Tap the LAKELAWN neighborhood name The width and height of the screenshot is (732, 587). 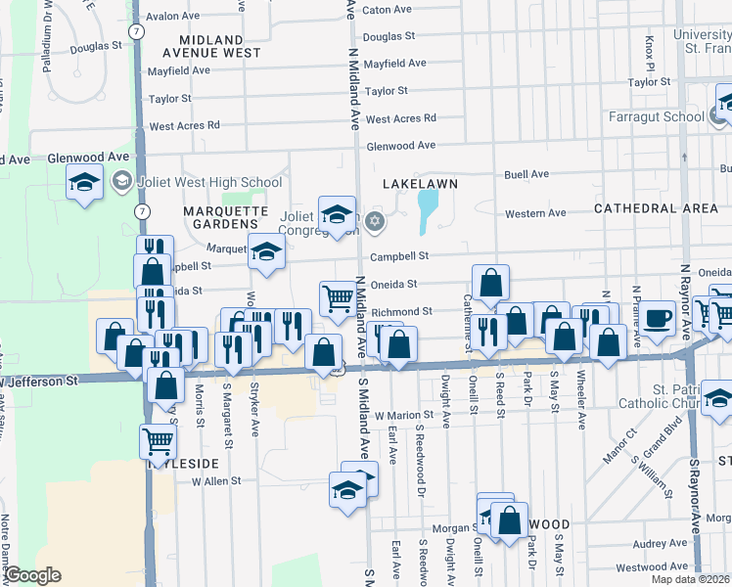[421, 183]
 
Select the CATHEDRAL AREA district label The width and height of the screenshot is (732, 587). [656, 208]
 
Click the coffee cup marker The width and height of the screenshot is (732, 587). [659, 319]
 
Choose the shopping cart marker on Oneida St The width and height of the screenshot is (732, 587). [338, 297]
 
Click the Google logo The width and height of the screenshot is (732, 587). [33, 575]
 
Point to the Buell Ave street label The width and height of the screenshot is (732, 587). [526, 174]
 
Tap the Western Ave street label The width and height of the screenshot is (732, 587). [534, 213]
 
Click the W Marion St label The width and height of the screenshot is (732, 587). [403, 415]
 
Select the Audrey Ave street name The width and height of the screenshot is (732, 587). [660, 543]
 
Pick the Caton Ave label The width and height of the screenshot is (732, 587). [387, 10]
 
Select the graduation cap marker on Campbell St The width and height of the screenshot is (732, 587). [265, 251]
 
